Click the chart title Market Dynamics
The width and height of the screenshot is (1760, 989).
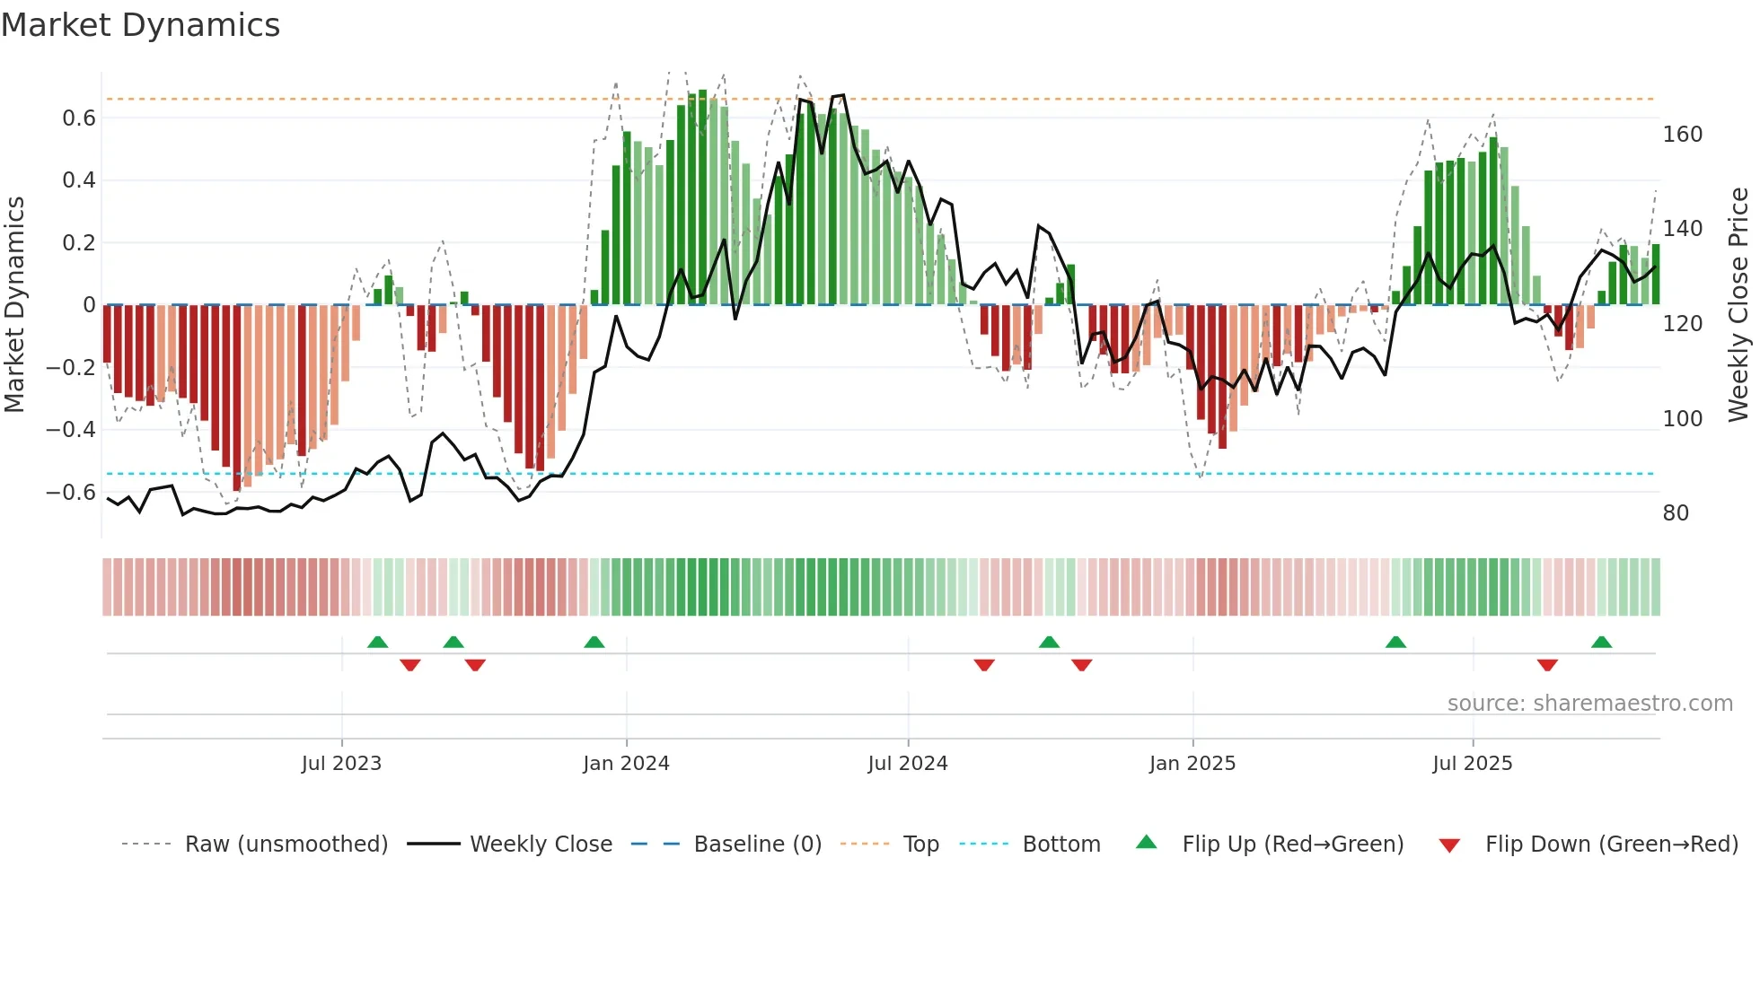(141, 25)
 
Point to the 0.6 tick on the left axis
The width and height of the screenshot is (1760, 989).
(79, 118)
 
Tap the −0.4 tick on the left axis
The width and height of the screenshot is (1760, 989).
(71, 430)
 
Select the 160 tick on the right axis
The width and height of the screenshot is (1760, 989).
(1682, 135)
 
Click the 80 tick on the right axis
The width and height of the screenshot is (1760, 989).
(1676, 513)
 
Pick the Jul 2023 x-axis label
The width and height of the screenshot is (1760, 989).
(341, 764)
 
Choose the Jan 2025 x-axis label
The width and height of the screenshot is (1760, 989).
(1192, 764)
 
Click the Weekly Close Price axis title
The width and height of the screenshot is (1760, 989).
(1738, 305)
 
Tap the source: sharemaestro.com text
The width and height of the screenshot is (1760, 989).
(1589, 704)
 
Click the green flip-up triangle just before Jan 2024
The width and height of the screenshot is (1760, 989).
(594, 643)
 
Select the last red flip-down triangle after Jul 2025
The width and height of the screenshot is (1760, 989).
(1547, 665)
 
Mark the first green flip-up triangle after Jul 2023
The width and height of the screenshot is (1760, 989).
(378, 643)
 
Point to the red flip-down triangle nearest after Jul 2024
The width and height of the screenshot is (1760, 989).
(984, 665)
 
